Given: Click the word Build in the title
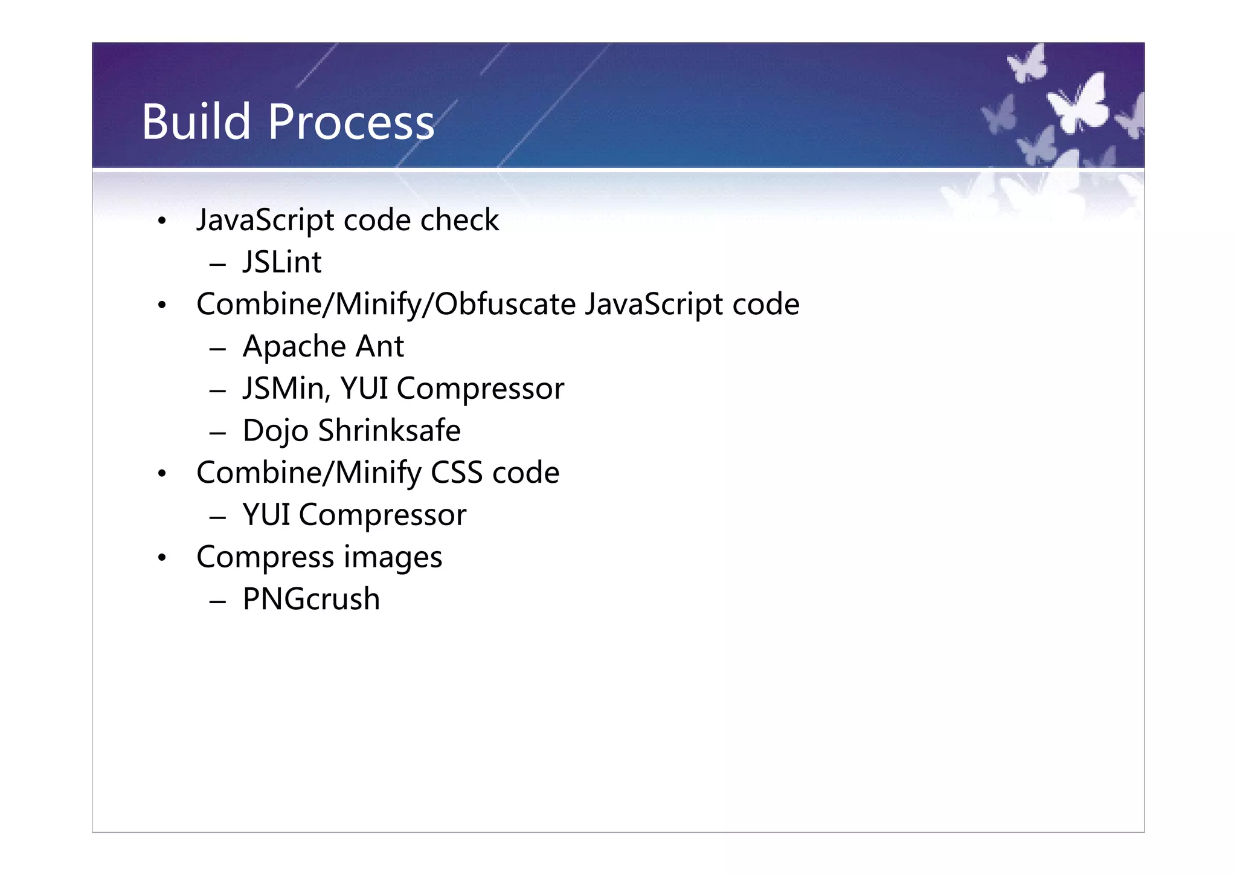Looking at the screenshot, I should [x=196, y=122].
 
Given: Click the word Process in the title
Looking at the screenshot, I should [x=351, y=122].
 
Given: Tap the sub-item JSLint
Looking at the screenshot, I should [x=282, y=262].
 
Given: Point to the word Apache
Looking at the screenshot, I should [x=294, y=347].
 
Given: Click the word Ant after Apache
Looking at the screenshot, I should [x=379, y=347].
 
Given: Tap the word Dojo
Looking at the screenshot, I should [x=275, y=431].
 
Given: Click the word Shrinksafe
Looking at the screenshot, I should [x=390, y=431].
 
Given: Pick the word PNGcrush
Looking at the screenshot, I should [x=311, y=599].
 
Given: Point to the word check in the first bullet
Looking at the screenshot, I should [x=460, y=220].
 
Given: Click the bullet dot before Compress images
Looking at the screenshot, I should [x=161, y=558].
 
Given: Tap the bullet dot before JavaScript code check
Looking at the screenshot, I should [x=161, y=221].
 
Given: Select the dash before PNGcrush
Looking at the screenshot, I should [x=217, y=601].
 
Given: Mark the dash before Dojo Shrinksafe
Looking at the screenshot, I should [x=217, y=433].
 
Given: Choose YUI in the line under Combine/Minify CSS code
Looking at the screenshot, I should [x=266, y=515].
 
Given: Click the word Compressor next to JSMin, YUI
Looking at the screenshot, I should [x=480, y=389].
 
